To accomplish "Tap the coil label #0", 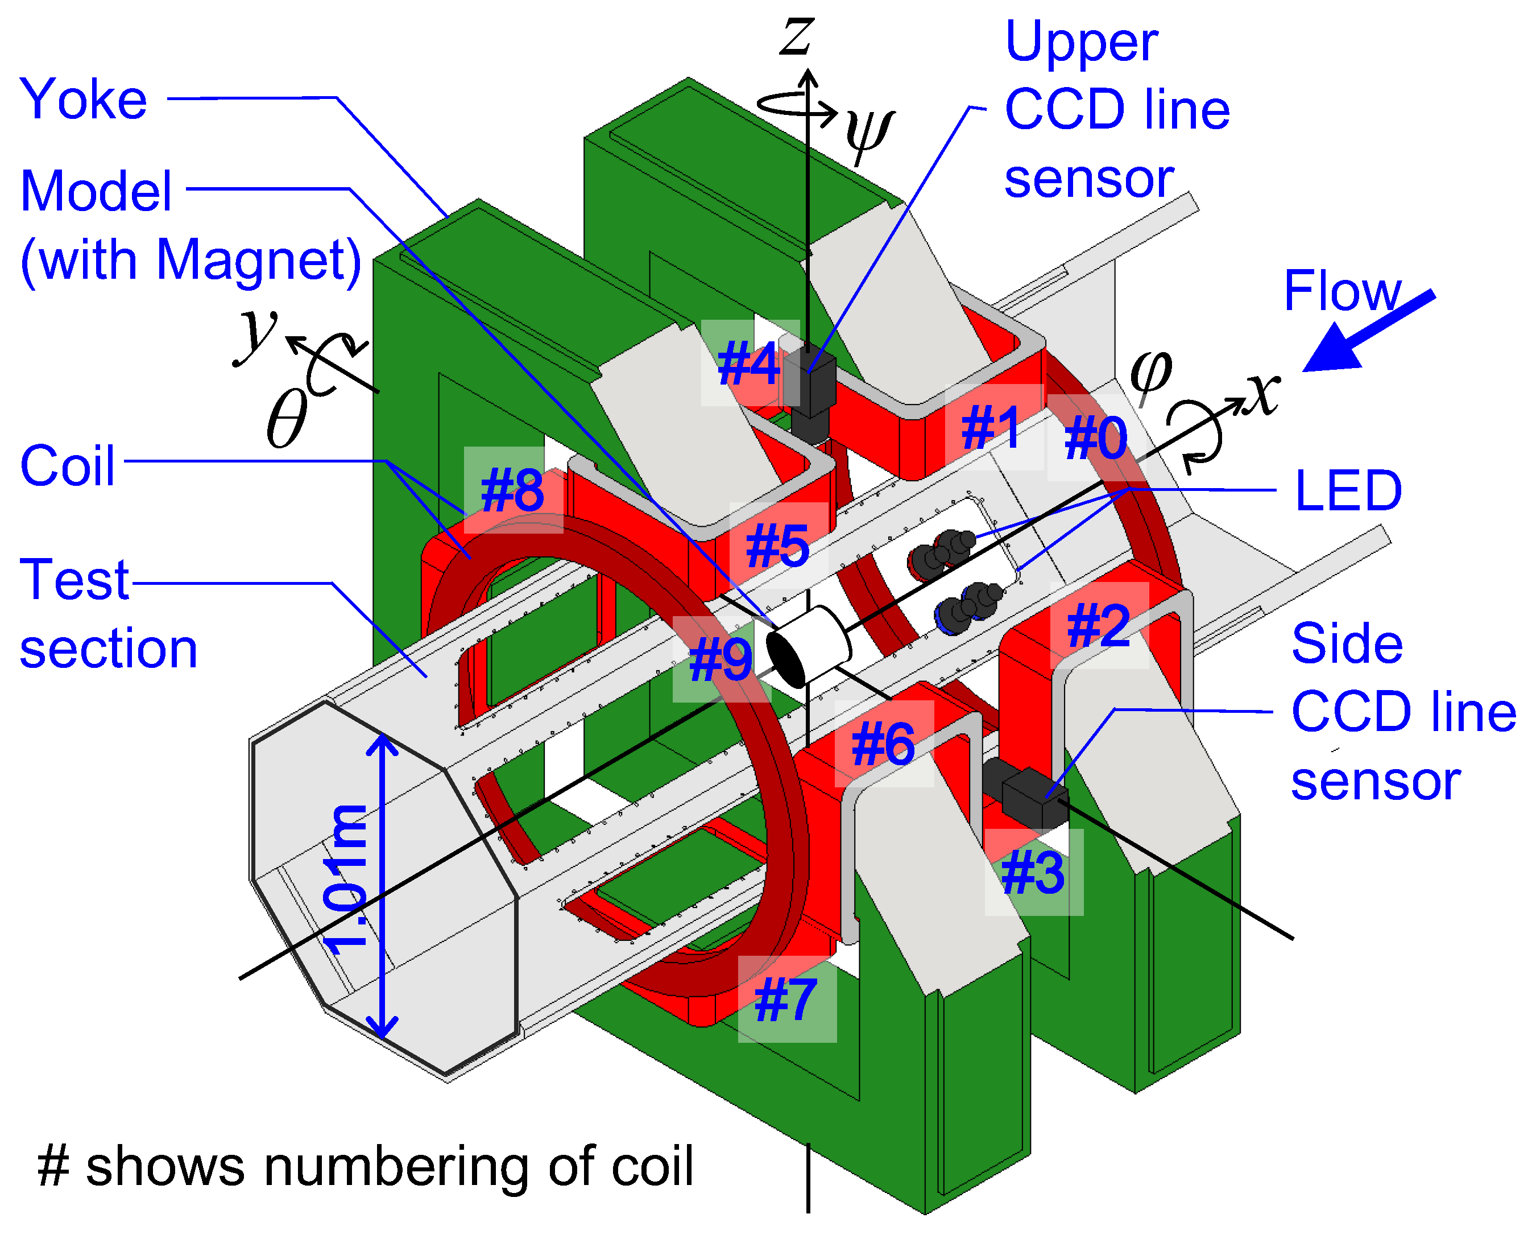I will point(1095,437).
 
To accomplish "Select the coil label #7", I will point(786,1000).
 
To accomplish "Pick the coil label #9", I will point(721,660).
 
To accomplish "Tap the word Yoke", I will point(84,100).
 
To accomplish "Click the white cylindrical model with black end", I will point(807,646).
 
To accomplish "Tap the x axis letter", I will point(1264,393).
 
